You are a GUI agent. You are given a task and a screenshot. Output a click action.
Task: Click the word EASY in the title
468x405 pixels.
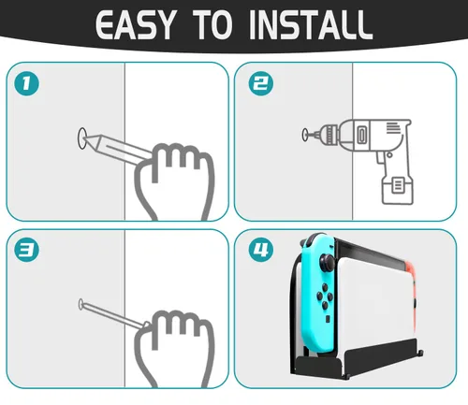pos(135,24)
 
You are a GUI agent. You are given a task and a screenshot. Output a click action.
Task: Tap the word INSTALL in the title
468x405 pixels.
pos(311,24)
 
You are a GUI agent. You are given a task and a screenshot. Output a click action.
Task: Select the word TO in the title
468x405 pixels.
pos(212,24)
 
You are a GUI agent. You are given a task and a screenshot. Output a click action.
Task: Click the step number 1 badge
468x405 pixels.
pos(27,83)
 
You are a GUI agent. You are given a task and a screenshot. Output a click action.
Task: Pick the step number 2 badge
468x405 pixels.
pos(261,83)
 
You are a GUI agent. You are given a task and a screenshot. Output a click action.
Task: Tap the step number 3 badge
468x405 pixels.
pos(27,250)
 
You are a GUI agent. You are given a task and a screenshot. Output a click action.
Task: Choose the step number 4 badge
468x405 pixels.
pos(261,250)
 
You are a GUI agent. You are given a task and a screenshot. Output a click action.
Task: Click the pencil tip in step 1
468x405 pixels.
pos(85,138)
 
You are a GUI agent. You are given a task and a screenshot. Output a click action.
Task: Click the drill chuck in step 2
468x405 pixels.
pos(329,135)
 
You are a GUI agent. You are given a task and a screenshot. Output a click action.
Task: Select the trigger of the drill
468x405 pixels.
pos(379,157)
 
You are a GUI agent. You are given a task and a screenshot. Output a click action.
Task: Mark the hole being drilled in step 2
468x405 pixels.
pos(305,135)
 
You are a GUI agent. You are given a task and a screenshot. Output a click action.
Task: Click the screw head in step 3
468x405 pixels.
pos(80,304)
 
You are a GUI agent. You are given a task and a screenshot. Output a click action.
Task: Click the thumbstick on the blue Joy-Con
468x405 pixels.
pos(328,262)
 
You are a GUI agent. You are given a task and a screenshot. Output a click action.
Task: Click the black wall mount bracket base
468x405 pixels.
pos(358,361)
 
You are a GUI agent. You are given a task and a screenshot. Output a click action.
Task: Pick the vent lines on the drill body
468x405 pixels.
pos(392,128)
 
